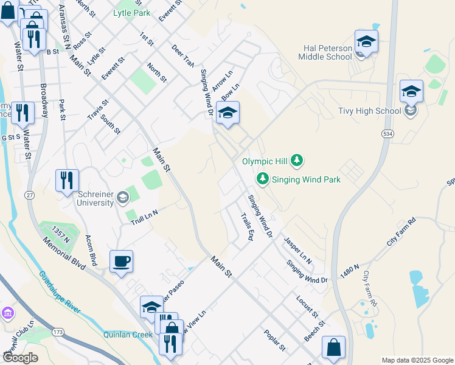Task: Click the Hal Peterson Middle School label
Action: coord(325,52)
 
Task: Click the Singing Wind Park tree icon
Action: coord(263,179)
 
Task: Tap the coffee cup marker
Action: coord(121,262)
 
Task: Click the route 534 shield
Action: coord(387,133)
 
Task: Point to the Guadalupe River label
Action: coord(60,292)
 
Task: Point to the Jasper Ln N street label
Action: coord(297,251)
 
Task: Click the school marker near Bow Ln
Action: coord(227,113)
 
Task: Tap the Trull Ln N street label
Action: coord(144,217)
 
